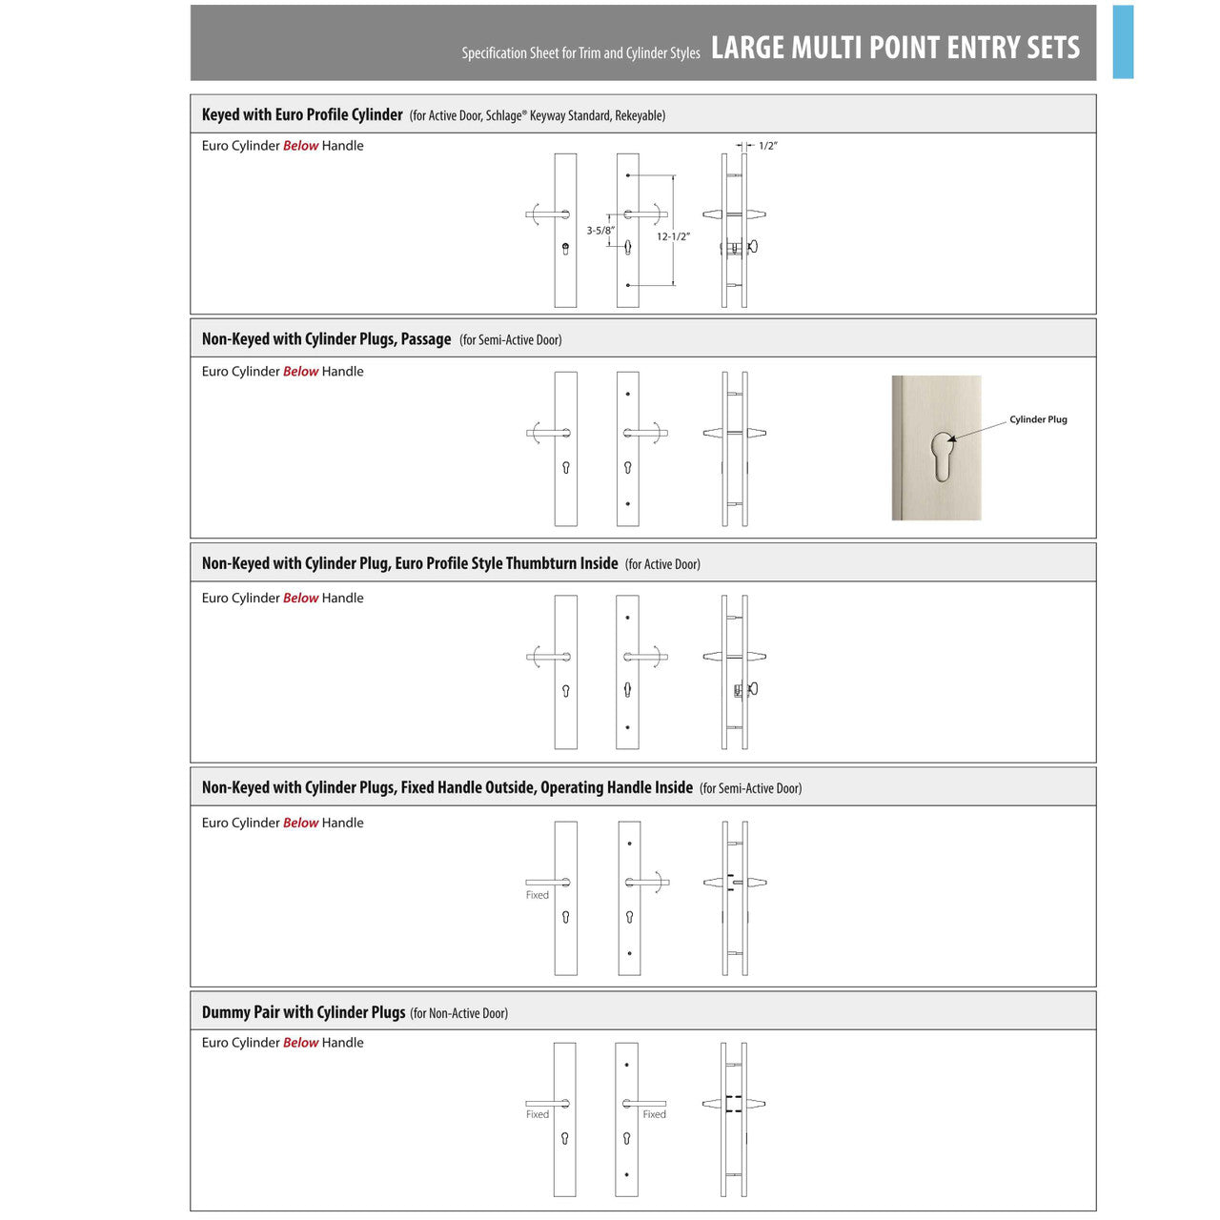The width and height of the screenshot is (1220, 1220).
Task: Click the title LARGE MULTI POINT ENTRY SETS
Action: click(x=895, y=48)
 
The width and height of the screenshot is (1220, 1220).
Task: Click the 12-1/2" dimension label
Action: click(x=673, y=236)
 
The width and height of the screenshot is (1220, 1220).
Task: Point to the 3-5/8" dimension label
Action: click(x=600, y=231)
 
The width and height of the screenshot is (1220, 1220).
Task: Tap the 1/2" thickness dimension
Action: click(x=768, y=146)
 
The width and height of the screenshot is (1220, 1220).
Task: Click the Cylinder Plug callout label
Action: click(x=1038, y=419)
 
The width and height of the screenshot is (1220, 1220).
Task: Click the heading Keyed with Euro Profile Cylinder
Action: click(x=302, y=114)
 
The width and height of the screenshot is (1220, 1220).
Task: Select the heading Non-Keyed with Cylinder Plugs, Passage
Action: click(x=326, y=339)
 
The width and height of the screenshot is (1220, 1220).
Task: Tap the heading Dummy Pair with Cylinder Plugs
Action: click(x=303, y=1012)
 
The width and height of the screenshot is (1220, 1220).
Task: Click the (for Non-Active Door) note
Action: click(x=458, y=1013)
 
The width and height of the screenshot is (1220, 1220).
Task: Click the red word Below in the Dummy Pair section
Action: click(x=300, y=1043)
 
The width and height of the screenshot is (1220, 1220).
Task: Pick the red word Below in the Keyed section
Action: click(x=300, y=146)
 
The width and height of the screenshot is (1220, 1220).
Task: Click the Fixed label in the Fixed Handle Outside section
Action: click(x=538, y=895)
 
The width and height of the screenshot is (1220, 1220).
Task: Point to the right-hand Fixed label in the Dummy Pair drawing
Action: click(x=654, y=1114)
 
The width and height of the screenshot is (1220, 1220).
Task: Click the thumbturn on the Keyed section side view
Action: click(x=753, y=247)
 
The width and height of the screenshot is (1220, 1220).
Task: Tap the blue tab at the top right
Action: click(x=1123, y=42)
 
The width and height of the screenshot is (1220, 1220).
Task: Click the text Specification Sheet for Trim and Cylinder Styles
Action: click(x=580, y=53)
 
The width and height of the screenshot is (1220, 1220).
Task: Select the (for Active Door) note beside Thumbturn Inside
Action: click(x=662, y=564)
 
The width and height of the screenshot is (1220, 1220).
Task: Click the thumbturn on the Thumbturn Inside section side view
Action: click(x=753, y=688)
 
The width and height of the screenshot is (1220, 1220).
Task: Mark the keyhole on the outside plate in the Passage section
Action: click(x=566, y=468)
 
